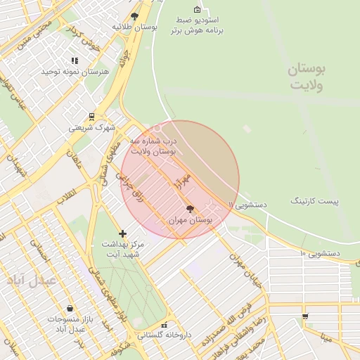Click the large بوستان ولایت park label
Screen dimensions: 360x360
click(308, 77)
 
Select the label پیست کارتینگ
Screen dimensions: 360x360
click(314, 201)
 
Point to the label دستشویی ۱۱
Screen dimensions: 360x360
click(247, 204)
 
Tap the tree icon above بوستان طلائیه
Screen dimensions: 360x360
click(135, 15)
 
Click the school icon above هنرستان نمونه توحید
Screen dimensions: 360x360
click(75, 61)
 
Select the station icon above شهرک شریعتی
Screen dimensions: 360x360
click(91, 117)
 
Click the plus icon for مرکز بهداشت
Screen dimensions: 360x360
click(123, 233)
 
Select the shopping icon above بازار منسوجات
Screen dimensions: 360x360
click(70, 308)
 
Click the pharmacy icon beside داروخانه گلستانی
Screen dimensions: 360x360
click(165, 326)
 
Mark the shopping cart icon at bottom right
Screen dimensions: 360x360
click(304, 316)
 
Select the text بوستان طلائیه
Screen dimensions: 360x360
click(134, 26)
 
